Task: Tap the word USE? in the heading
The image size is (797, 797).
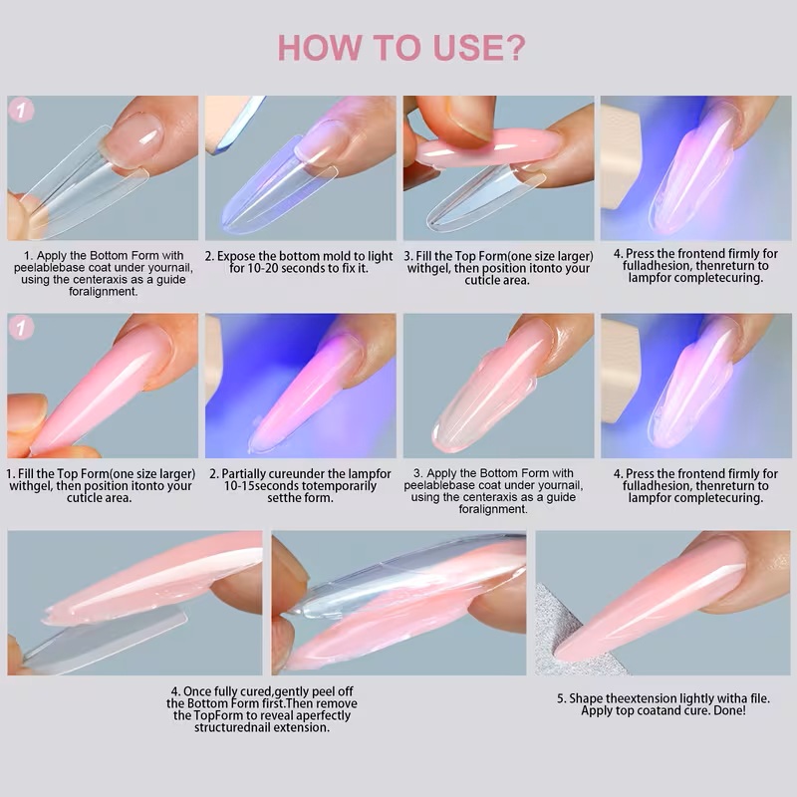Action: pos(478,48)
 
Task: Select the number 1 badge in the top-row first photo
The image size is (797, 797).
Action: pos(21,110)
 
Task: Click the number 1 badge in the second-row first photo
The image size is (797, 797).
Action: pos(21,327)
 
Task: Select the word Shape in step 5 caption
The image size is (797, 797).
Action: pos(586,699)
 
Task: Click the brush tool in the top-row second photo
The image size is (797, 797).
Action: pos(234,125)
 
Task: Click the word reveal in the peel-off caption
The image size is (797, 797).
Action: pos(278,715)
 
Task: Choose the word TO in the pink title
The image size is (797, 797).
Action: pos(398,48)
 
